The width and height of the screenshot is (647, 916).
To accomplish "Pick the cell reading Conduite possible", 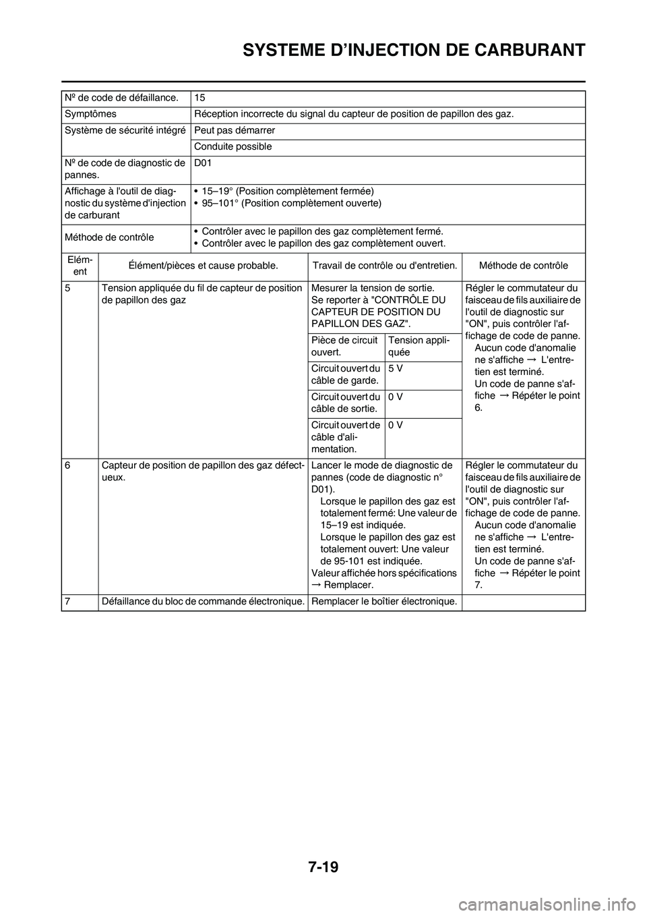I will click(233, 146).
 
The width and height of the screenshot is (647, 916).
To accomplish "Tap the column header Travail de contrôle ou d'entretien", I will click(386, 265).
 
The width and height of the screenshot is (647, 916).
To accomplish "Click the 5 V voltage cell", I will click(396, 368).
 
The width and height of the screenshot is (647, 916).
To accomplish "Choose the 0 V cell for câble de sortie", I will click(396, 397).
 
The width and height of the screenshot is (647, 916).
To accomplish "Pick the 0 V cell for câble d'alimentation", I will click(396, 425).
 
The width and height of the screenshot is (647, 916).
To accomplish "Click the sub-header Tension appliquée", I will click(412, 347).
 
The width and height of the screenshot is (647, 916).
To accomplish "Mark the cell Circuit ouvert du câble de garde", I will click(345, 374).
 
